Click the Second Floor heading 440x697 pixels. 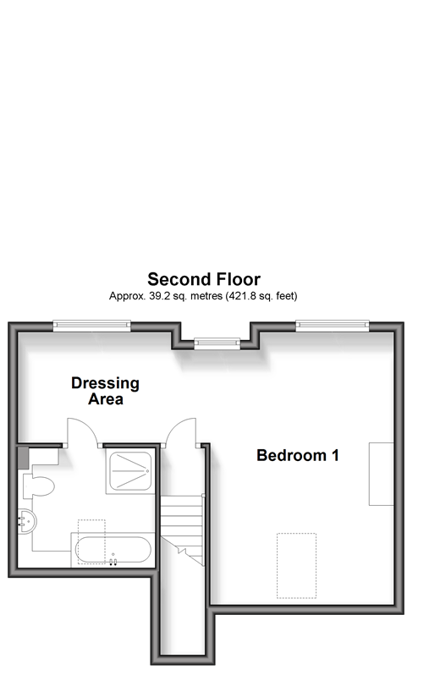click(204, 279)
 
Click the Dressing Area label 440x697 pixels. click(105, 391)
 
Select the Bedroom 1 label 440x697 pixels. click(298, 455)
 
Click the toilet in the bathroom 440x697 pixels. click(38, 486)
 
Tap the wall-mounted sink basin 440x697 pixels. click(27, 522)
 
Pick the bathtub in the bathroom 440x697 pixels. click(113, 550)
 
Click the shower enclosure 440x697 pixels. click(130, 471)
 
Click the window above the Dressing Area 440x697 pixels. click(92, 326)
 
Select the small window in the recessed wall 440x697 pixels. click(217, 343)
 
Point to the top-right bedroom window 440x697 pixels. click(333, 326)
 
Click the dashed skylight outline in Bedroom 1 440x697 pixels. click(297, 565)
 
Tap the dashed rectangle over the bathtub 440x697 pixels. click(91, 542)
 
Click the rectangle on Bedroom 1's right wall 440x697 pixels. click(382, 474)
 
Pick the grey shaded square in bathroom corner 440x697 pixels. click(23, 458)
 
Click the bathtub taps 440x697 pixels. click(113, 562)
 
